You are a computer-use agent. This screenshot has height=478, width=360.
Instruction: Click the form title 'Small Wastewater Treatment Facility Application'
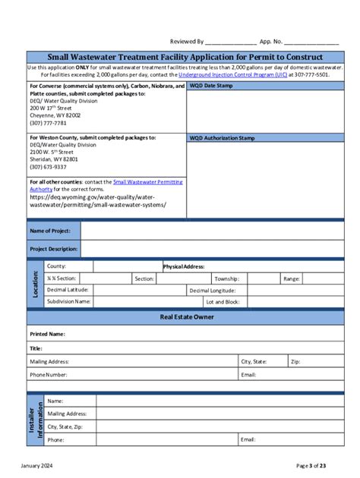185,57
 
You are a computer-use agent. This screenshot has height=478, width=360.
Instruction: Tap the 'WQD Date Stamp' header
212,86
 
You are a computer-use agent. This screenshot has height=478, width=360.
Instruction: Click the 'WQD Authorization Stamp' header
222,138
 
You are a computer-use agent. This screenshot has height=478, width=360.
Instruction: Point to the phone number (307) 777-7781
48,123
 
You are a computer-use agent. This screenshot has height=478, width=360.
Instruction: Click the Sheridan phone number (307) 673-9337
48,167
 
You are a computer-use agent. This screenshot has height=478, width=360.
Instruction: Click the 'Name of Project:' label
50,230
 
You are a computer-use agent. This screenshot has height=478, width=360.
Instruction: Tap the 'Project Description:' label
53,248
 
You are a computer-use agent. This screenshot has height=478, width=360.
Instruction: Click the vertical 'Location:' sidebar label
34,284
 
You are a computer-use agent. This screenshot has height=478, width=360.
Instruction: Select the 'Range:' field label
292,278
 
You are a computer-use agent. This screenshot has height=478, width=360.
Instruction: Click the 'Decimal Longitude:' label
212,290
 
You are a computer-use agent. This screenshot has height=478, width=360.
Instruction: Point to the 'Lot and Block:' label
222,301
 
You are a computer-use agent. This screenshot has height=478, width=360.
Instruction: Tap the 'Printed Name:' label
47,334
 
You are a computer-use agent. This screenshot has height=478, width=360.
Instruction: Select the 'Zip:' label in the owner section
295,362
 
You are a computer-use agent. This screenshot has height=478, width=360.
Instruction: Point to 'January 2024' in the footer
37,465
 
